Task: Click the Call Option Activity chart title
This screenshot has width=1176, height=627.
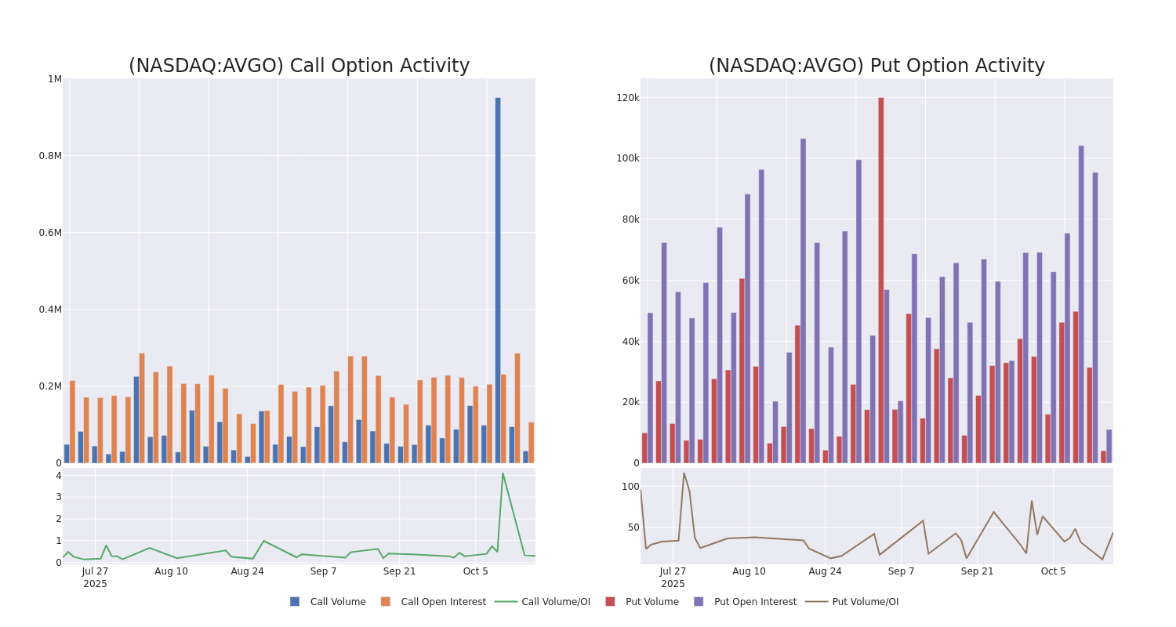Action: coord(299,66)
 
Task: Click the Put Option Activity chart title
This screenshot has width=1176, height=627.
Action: coord(877,66)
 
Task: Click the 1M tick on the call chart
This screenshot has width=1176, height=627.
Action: coord(55,78)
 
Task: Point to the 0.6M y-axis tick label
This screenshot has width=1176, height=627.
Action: coord(50,232)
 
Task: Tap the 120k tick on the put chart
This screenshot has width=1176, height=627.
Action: coord(628,97)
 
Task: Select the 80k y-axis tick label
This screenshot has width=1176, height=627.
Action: coord(630,219)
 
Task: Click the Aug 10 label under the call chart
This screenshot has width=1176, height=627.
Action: coord(171,571)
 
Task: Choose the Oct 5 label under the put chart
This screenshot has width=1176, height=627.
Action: coord(1053,571)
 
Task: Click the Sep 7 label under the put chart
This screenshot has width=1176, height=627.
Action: coord(901,571)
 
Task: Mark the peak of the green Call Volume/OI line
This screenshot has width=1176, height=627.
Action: coord(503,473)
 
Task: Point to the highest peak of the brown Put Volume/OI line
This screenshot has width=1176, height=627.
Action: coord(684,473)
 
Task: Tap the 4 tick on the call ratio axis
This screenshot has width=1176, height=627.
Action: coord(58,475)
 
